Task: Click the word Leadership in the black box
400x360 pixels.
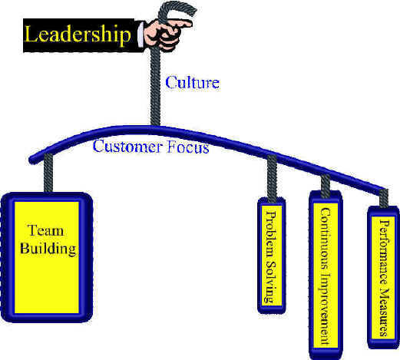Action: (78, 35)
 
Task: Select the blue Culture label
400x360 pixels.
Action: (192, 82)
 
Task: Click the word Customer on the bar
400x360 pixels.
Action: (127, 147)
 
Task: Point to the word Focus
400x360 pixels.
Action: (188, 147)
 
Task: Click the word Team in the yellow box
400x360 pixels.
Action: (45, 230)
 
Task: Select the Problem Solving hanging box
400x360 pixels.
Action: (271, 256)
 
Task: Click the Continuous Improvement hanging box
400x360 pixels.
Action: (326, 275)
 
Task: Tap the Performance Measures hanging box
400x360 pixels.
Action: (383, 277)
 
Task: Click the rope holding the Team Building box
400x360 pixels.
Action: (48, 173)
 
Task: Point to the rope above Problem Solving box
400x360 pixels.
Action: (272, 177)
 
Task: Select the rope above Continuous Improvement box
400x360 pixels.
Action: (326, 187)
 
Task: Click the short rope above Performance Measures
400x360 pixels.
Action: (384, 198)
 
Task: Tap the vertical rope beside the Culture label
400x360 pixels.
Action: (155, 87)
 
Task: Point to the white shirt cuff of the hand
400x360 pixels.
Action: (140, 35)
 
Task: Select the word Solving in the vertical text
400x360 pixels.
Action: (270, 282)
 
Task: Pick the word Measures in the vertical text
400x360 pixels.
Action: (384, 312)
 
